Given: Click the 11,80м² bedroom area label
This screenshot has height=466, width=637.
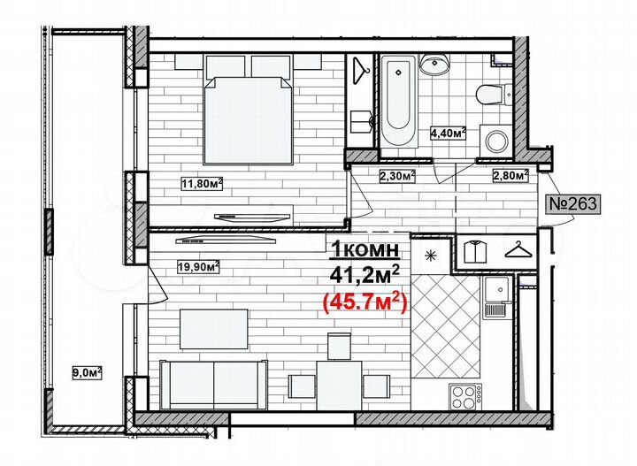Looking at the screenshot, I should pyautogui.click(x=202, y=184).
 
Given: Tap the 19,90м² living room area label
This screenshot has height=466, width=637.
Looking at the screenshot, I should pyautogui.click(x=199, y=264).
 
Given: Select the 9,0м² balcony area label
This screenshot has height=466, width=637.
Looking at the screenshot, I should pyautogui.click(x=87, y=372).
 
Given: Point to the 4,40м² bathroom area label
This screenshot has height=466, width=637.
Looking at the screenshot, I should pyautogui.click(x=448, y=134).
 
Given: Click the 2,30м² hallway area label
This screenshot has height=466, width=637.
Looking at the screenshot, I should pyautogui.click(x=398, y=175).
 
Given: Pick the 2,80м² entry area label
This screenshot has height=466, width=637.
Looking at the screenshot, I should pyautogui.click(x=510, y=174).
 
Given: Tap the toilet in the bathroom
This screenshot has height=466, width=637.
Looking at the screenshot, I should pyautogui.click(x=489, y=93).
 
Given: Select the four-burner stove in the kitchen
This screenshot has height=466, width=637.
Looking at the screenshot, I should pyautogui.click(x=464, y=394).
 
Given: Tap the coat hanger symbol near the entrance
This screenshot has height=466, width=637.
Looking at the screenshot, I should pyautogui.click(x=519, y=250).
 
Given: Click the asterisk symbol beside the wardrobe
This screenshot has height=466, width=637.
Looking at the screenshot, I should pyautogui.click(x=432, y=257).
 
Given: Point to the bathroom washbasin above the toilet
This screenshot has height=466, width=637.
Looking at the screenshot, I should pyautogui.click(x=434, y=64).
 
